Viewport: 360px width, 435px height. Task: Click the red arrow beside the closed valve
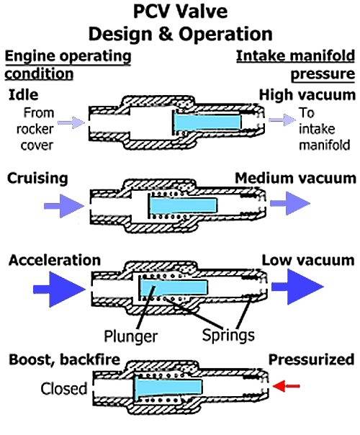tap(287, 385)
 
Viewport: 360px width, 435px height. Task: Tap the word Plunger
tap(130, 336)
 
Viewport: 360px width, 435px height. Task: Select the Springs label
tap(228, 335)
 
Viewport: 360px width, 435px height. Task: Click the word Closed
tap(64, 389)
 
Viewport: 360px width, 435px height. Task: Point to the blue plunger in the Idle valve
tap(207, 122)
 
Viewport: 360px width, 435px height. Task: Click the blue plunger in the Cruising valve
tap(184, 205)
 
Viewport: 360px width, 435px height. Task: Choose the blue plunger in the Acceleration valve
tap(174, 287)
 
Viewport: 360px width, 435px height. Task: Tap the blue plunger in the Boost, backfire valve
tap(168, 386)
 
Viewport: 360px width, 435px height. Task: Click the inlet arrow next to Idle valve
tap(71, 122)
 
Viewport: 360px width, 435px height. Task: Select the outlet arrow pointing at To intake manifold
tap(282, 120)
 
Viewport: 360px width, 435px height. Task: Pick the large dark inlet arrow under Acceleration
tap(59, 290)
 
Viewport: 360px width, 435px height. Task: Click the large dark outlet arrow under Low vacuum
tap(297, 287)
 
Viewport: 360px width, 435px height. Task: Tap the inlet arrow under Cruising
tap(64, 205)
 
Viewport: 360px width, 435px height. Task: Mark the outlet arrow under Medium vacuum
tap(290, 203)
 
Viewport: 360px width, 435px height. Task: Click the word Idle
tap(24, 95)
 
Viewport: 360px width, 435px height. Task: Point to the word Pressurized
tap(312, 359)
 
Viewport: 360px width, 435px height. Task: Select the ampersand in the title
tap(166, 34)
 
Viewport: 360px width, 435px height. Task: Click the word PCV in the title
tap(151, 12)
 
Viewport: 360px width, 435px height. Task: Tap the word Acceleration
tap(55, 261)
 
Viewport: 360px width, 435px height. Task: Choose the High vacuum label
tap(307, 95)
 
